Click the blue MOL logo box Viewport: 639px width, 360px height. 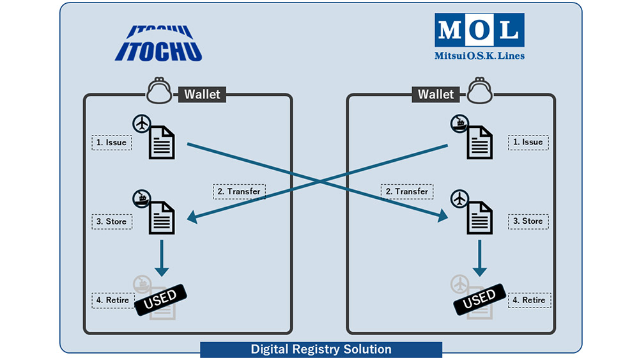(x=480, y=29)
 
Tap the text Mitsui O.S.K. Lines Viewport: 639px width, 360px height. (x=480, y=56)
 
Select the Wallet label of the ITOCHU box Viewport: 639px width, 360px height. (x=202, y=95)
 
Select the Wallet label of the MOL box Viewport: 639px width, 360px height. (x=436, y=95)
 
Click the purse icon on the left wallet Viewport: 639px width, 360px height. (x=159, y=92)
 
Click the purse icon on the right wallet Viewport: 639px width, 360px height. (x=479, y=92)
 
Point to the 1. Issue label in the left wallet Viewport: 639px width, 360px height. (x=112, y=142)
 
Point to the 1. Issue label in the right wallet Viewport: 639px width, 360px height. (x=528, y=142)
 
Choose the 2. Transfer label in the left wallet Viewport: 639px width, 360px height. (x=238, y=191)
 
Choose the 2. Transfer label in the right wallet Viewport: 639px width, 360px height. (x=407, y=191)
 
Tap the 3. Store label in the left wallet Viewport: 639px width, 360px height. (x=112, y=221)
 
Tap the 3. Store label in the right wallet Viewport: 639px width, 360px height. (x=528, y=221)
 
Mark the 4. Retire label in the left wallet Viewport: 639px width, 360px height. (x=112, y=300)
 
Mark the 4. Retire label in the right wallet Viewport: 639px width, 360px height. (x=529, y=300)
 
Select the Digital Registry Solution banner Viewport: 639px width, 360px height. (x=321, y=349)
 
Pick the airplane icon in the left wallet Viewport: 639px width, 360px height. (x=142, y=123)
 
